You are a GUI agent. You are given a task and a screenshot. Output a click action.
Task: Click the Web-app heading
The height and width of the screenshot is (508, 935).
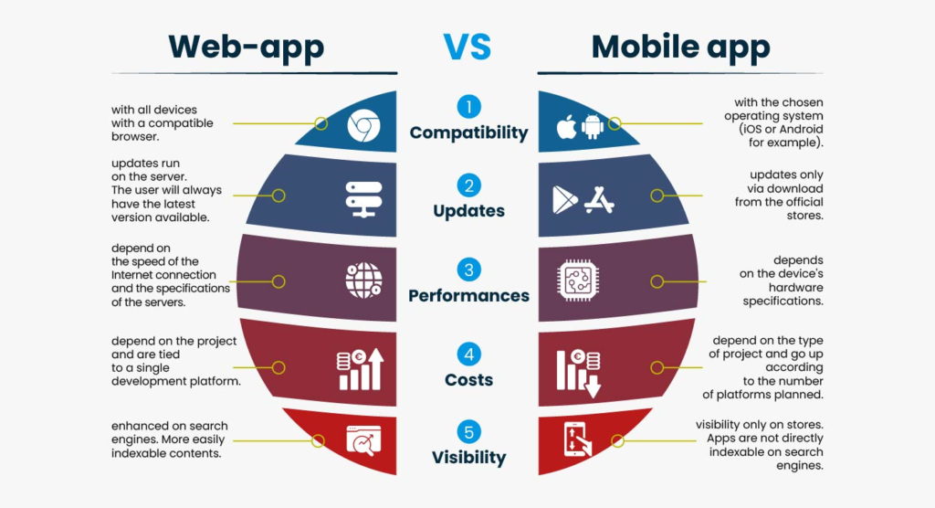click(x=247, y=48)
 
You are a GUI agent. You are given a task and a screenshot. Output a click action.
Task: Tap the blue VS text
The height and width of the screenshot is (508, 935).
click(x=467, y=47)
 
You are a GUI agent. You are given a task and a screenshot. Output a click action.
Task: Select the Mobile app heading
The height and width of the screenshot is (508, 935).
click(x=680, y=48)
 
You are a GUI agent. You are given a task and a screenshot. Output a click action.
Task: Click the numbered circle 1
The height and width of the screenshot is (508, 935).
click(x=468, y=107)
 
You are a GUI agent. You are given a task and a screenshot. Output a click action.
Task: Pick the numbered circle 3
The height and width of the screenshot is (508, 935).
click(x=468, y=270)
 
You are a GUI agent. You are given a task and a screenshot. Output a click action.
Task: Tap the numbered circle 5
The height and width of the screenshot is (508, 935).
click(x=468, y=432)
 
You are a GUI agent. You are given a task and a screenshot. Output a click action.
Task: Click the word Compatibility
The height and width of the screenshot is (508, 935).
click(x=468, y=133)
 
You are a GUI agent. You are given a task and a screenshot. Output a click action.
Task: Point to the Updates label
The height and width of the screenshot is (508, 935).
click(x=468, y=211)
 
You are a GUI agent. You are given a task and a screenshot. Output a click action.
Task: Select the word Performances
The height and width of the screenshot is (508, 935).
click(x=468, y=295)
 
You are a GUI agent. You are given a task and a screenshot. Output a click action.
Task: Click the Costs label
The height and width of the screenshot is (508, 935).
click(x=468, y=380)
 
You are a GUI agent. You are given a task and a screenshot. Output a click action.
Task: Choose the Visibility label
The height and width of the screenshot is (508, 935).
click(x=468, y=458)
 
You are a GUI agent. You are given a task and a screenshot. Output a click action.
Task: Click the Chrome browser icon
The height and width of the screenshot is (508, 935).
click(x=363, y=125)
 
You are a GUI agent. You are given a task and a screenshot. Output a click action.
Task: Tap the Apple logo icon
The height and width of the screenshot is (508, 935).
click(x=566, y=127)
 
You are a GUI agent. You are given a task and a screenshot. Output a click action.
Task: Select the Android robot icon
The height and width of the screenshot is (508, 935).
click(x=592, y=127)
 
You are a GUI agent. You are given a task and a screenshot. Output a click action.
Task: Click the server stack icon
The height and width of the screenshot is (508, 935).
click(x=363, y=199)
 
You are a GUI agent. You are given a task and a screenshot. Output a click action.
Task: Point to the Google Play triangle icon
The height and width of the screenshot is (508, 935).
click(x=564, y=200)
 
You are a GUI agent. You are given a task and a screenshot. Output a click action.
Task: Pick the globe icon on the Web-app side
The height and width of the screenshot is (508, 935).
click(x=363, y=280)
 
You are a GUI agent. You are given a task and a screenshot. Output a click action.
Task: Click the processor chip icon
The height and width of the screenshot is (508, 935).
click(x=577, y=280)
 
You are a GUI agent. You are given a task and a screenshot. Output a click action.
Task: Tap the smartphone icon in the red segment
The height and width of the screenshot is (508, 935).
click(x=576, y=439)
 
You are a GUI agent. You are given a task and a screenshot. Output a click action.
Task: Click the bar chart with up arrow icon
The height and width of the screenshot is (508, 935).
click(x=360, y=369)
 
